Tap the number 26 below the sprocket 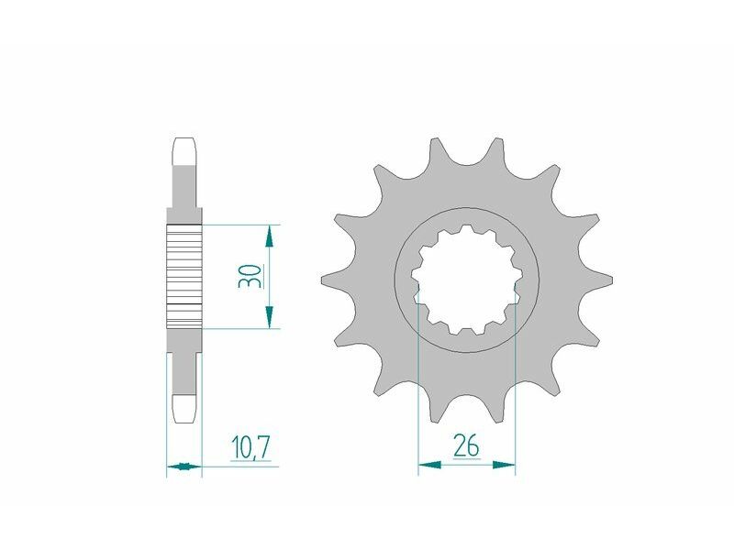click(466, 447)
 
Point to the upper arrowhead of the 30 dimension click(268, 236)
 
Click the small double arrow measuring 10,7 click(183, 467)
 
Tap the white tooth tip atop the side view click(183, 149)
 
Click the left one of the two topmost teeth click(434, 148)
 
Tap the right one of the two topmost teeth click(498, 148)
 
